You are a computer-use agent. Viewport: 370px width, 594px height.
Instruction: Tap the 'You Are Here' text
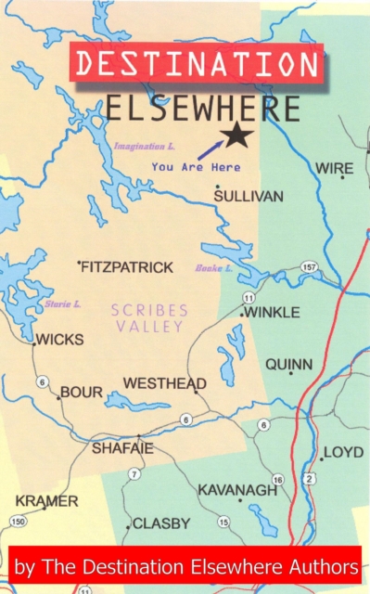[183, 168]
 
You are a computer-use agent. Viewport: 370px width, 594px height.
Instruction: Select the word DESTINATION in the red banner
[197, 64]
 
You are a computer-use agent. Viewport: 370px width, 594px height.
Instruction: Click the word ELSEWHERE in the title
[202, 110]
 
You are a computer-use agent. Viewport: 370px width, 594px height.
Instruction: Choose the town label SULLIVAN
[248, 197]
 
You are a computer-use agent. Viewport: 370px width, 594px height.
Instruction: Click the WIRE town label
[335, 168]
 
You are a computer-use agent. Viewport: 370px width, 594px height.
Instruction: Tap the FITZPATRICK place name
[127, 267]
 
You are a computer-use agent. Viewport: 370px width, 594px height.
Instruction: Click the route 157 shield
[309, 267]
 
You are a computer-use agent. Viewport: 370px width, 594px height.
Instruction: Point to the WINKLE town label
[272, 313]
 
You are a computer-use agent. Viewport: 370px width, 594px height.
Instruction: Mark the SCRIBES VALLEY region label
[150, 317]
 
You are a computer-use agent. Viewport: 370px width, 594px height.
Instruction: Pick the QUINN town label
[289, 365]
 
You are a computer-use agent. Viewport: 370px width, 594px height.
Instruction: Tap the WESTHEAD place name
[165, 383]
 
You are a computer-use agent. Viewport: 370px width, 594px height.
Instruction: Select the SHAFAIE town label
[121, 448]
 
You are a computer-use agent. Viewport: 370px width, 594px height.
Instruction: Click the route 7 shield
[134, 474]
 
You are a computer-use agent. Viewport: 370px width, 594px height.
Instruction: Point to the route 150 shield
[18, 523]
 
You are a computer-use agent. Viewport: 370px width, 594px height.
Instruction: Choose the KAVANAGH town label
[237, 489]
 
